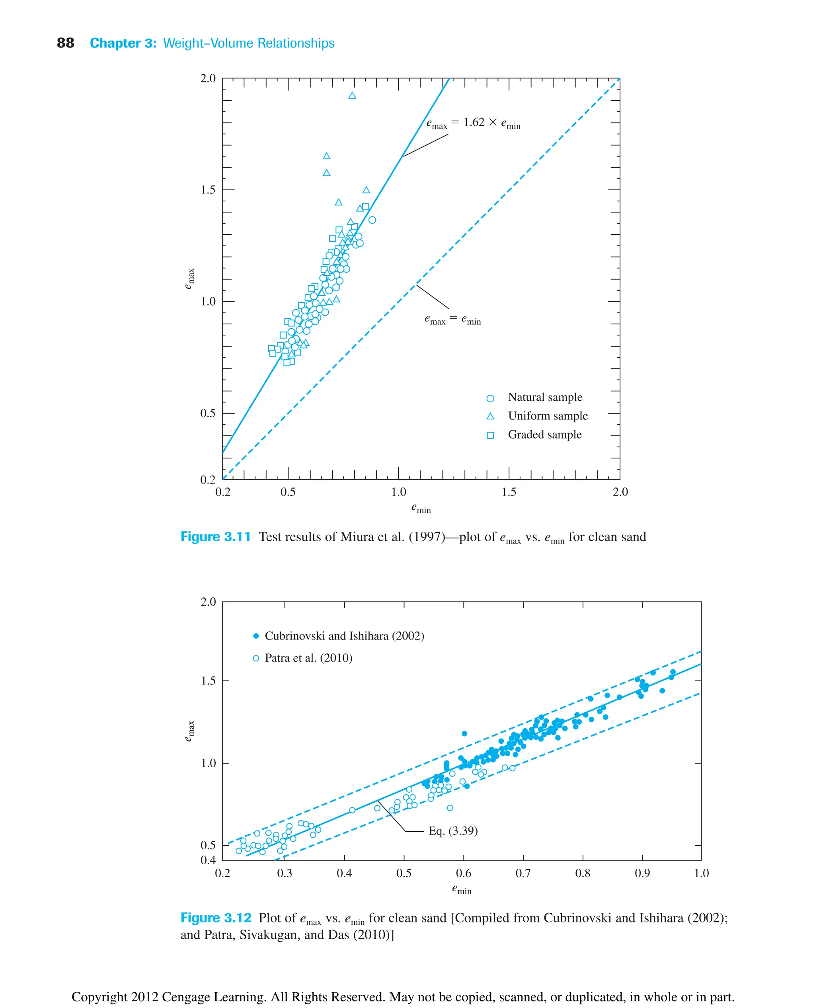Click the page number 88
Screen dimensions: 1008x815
tap(65, 43)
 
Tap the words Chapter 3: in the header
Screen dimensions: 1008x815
tap(123, 43)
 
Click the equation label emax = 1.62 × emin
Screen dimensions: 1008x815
tap(473, 123)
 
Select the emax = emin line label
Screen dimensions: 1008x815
tap(452, 319)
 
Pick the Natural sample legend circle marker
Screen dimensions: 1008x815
tap(490, 398)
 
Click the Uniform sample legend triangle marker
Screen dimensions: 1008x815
tap(490, 416)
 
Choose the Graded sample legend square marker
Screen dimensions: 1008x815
tap(490, 435)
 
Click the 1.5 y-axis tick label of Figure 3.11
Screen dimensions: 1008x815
tap(208, 190)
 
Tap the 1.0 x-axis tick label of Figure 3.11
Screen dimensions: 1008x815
tap(399, 492)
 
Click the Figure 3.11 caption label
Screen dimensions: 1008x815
tap(215, 536)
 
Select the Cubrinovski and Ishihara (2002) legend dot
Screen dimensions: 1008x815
tap(256, 636)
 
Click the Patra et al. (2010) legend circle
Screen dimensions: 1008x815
tap(256, 658)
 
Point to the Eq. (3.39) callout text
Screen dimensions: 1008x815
tap(452, 831)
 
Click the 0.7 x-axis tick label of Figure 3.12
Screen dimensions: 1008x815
tap(523, 873)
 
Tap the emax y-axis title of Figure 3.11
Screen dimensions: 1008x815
tap(189, 279)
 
